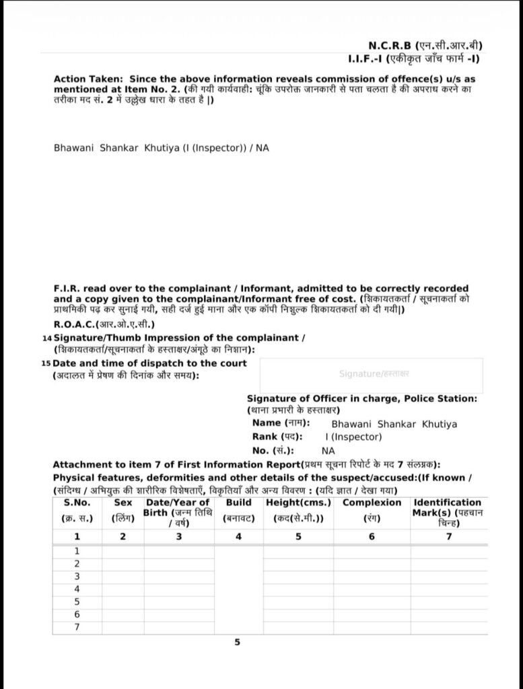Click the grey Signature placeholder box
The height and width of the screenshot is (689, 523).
(371, 375)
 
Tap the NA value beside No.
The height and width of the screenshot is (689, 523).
(328, 451)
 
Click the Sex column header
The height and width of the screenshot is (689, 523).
(123, 503)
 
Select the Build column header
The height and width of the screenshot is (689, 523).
(239, 503)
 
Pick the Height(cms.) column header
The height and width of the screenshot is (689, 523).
(298, 503)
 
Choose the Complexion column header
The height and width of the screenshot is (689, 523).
(372, 503)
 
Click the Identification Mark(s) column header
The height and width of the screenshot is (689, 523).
(448, 503)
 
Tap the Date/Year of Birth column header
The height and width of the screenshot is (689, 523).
(178, 503)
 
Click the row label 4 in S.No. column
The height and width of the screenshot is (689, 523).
(77, 589)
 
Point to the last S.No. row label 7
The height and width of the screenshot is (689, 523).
(77, 627)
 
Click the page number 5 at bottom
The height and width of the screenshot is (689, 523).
(237, 643)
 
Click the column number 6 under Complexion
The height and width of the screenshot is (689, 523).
(372, 536)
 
